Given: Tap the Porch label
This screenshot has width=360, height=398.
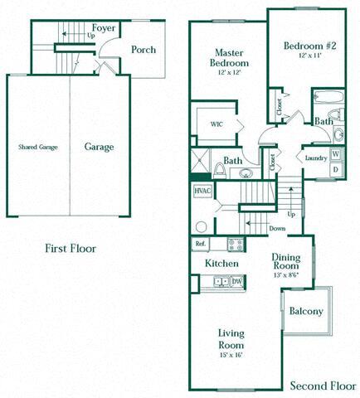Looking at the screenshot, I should pos(144,50).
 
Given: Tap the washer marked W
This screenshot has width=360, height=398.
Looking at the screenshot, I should pos(336,155).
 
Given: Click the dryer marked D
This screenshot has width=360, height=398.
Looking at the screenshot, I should pos(336,170).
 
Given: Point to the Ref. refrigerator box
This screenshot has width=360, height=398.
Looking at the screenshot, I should pos(201,244).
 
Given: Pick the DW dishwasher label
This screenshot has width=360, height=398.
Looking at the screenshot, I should pos(236,282).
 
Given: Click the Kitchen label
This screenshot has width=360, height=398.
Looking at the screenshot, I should pos(221,264).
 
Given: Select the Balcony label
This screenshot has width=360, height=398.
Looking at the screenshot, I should pos(306,312).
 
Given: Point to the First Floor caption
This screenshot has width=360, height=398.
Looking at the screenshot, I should pos(71,248).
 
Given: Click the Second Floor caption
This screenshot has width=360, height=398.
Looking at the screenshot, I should pos(323,386).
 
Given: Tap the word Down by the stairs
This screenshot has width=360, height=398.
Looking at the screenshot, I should pos(278,229).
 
